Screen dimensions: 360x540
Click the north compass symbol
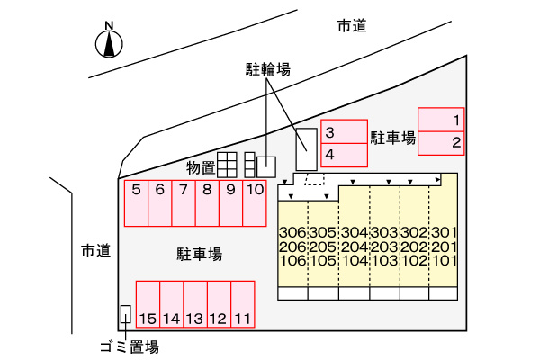109,41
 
